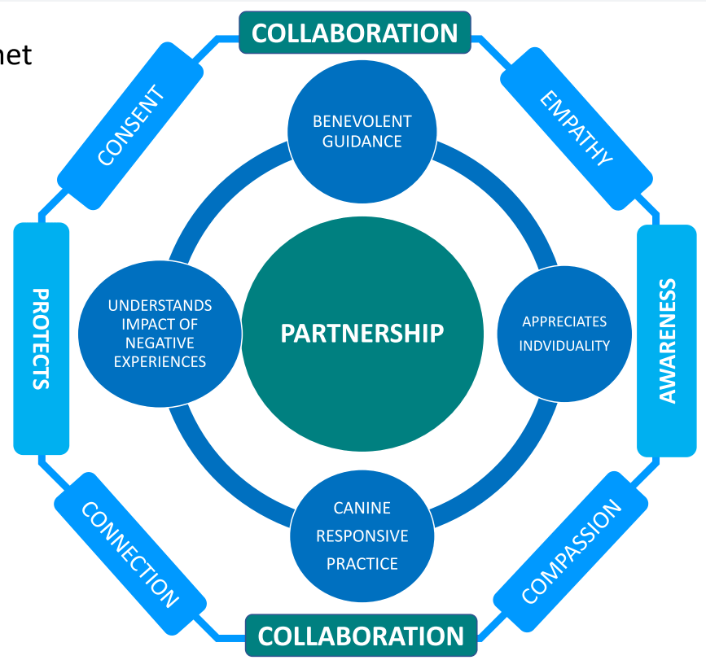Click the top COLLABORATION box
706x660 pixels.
coord(355,33)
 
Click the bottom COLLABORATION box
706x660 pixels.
coord(361,636)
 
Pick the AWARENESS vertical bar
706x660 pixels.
coord(667,340)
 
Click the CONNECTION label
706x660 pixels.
coord(129,554)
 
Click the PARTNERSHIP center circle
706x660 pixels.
coord(362,334)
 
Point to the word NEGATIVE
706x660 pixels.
coord(160,343)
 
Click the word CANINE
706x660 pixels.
coord(362,508)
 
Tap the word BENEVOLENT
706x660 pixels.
coord(362,121)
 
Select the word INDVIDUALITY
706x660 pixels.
coord(565,345)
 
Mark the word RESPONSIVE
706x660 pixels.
coord(362,535)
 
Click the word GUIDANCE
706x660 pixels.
coord(362,141)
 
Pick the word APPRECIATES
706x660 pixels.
coord(565,321)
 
